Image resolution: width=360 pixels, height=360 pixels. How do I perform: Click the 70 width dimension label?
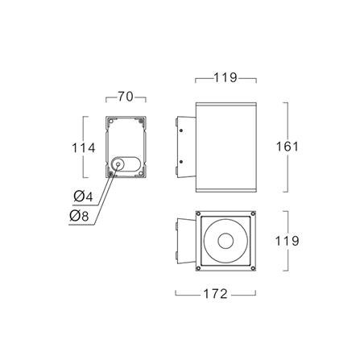click(126, 97)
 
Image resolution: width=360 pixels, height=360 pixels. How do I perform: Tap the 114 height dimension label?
click(84, 148)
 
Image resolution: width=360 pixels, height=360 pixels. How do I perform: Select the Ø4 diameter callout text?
click(84, 197)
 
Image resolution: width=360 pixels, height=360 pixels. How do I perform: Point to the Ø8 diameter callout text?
click(79, 216)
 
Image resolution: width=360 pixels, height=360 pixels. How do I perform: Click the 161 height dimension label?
click(288, 147)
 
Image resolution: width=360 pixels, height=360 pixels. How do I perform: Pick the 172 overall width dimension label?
click(216, 294)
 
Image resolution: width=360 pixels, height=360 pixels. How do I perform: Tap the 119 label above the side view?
click(226, 77)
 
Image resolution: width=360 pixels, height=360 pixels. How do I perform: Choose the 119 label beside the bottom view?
click(287, 241)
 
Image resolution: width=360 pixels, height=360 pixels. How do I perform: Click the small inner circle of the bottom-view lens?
click(226, 241)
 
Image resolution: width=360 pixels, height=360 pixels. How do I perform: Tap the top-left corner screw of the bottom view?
click(198, 213)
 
